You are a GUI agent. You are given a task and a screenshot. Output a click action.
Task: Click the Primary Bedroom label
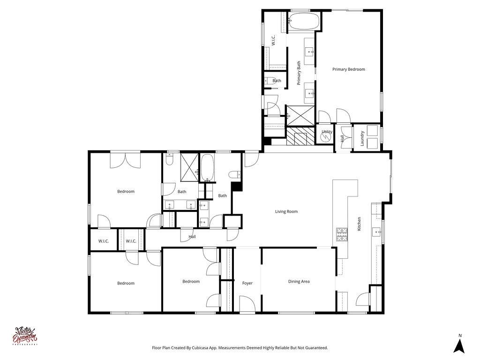pos(348,69)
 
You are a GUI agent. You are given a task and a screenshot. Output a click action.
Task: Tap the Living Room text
pos(286,211)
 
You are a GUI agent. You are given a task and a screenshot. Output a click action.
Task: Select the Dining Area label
pos(299,281)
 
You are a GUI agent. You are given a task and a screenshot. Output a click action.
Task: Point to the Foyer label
pos(247,283)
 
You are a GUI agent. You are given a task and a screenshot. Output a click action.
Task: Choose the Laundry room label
pos(362,138)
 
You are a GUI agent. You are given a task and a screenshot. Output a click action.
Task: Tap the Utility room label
pos(327,132)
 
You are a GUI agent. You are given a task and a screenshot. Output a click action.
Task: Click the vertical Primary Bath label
pos(299,73)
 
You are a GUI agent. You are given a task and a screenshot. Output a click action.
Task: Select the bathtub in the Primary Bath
pos(304,22)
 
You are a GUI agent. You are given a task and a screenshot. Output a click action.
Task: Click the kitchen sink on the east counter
pos(376,231)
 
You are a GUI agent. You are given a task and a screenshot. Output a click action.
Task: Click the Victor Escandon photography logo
pos(26,336)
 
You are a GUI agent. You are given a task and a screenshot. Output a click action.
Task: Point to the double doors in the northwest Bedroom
pos(125,160)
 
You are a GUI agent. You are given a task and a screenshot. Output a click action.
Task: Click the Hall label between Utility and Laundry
pos(343,138)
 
